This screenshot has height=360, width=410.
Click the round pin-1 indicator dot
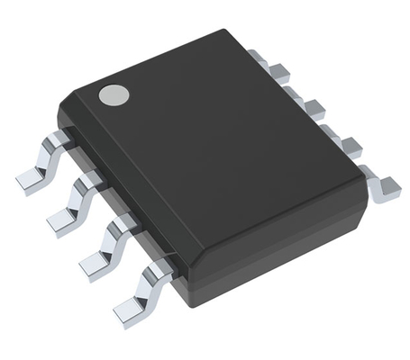pyautogui.click(x=113, y=93)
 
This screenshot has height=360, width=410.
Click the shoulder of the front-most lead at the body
pyautogui.click(x=162, y=267)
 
